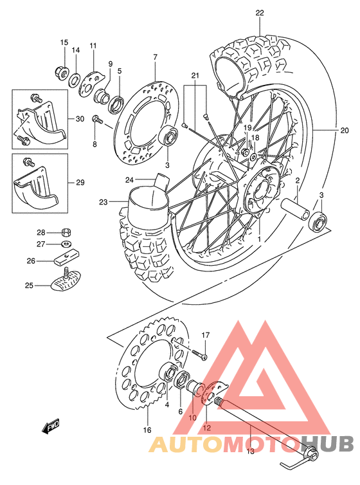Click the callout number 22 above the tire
coord(260,12)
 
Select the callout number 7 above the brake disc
coord(155,57)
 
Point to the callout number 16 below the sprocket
coord(147,430)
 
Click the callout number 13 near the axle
coord(250,451)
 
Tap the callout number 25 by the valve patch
coord(29,285)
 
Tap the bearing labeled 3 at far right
coord(317,223)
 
